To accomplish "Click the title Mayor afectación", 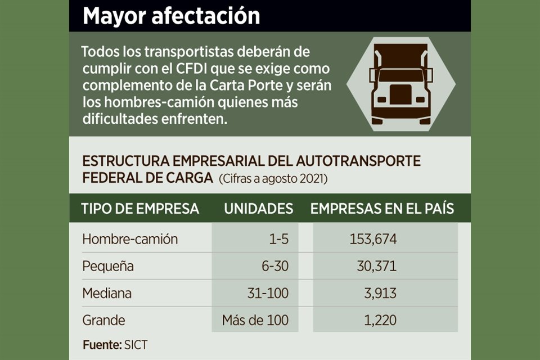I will (171, 16).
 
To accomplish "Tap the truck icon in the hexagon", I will (400, 84).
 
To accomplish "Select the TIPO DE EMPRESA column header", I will (140, 209).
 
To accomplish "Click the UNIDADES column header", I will (258, 209).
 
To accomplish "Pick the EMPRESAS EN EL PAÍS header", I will (382, 209).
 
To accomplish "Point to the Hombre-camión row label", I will (130, 238).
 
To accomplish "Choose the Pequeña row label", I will (108, 266).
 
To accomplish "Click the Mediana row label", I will (107, 293).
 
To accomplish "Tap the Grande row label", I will (103, 321).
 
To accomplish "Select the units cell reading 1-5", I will (278, 238).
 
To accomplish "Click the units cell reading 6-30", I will (274, 266).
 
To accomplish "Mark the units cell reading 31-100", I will (268, 293).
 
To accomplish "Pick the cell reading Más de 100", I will (255, 321).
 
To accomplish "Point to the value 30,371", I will (376, 266).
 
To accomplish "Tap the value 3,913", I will (380, 293).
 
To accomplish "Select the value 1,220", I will (380, 321).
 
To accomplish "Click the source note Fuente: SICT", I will (115, 345).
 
